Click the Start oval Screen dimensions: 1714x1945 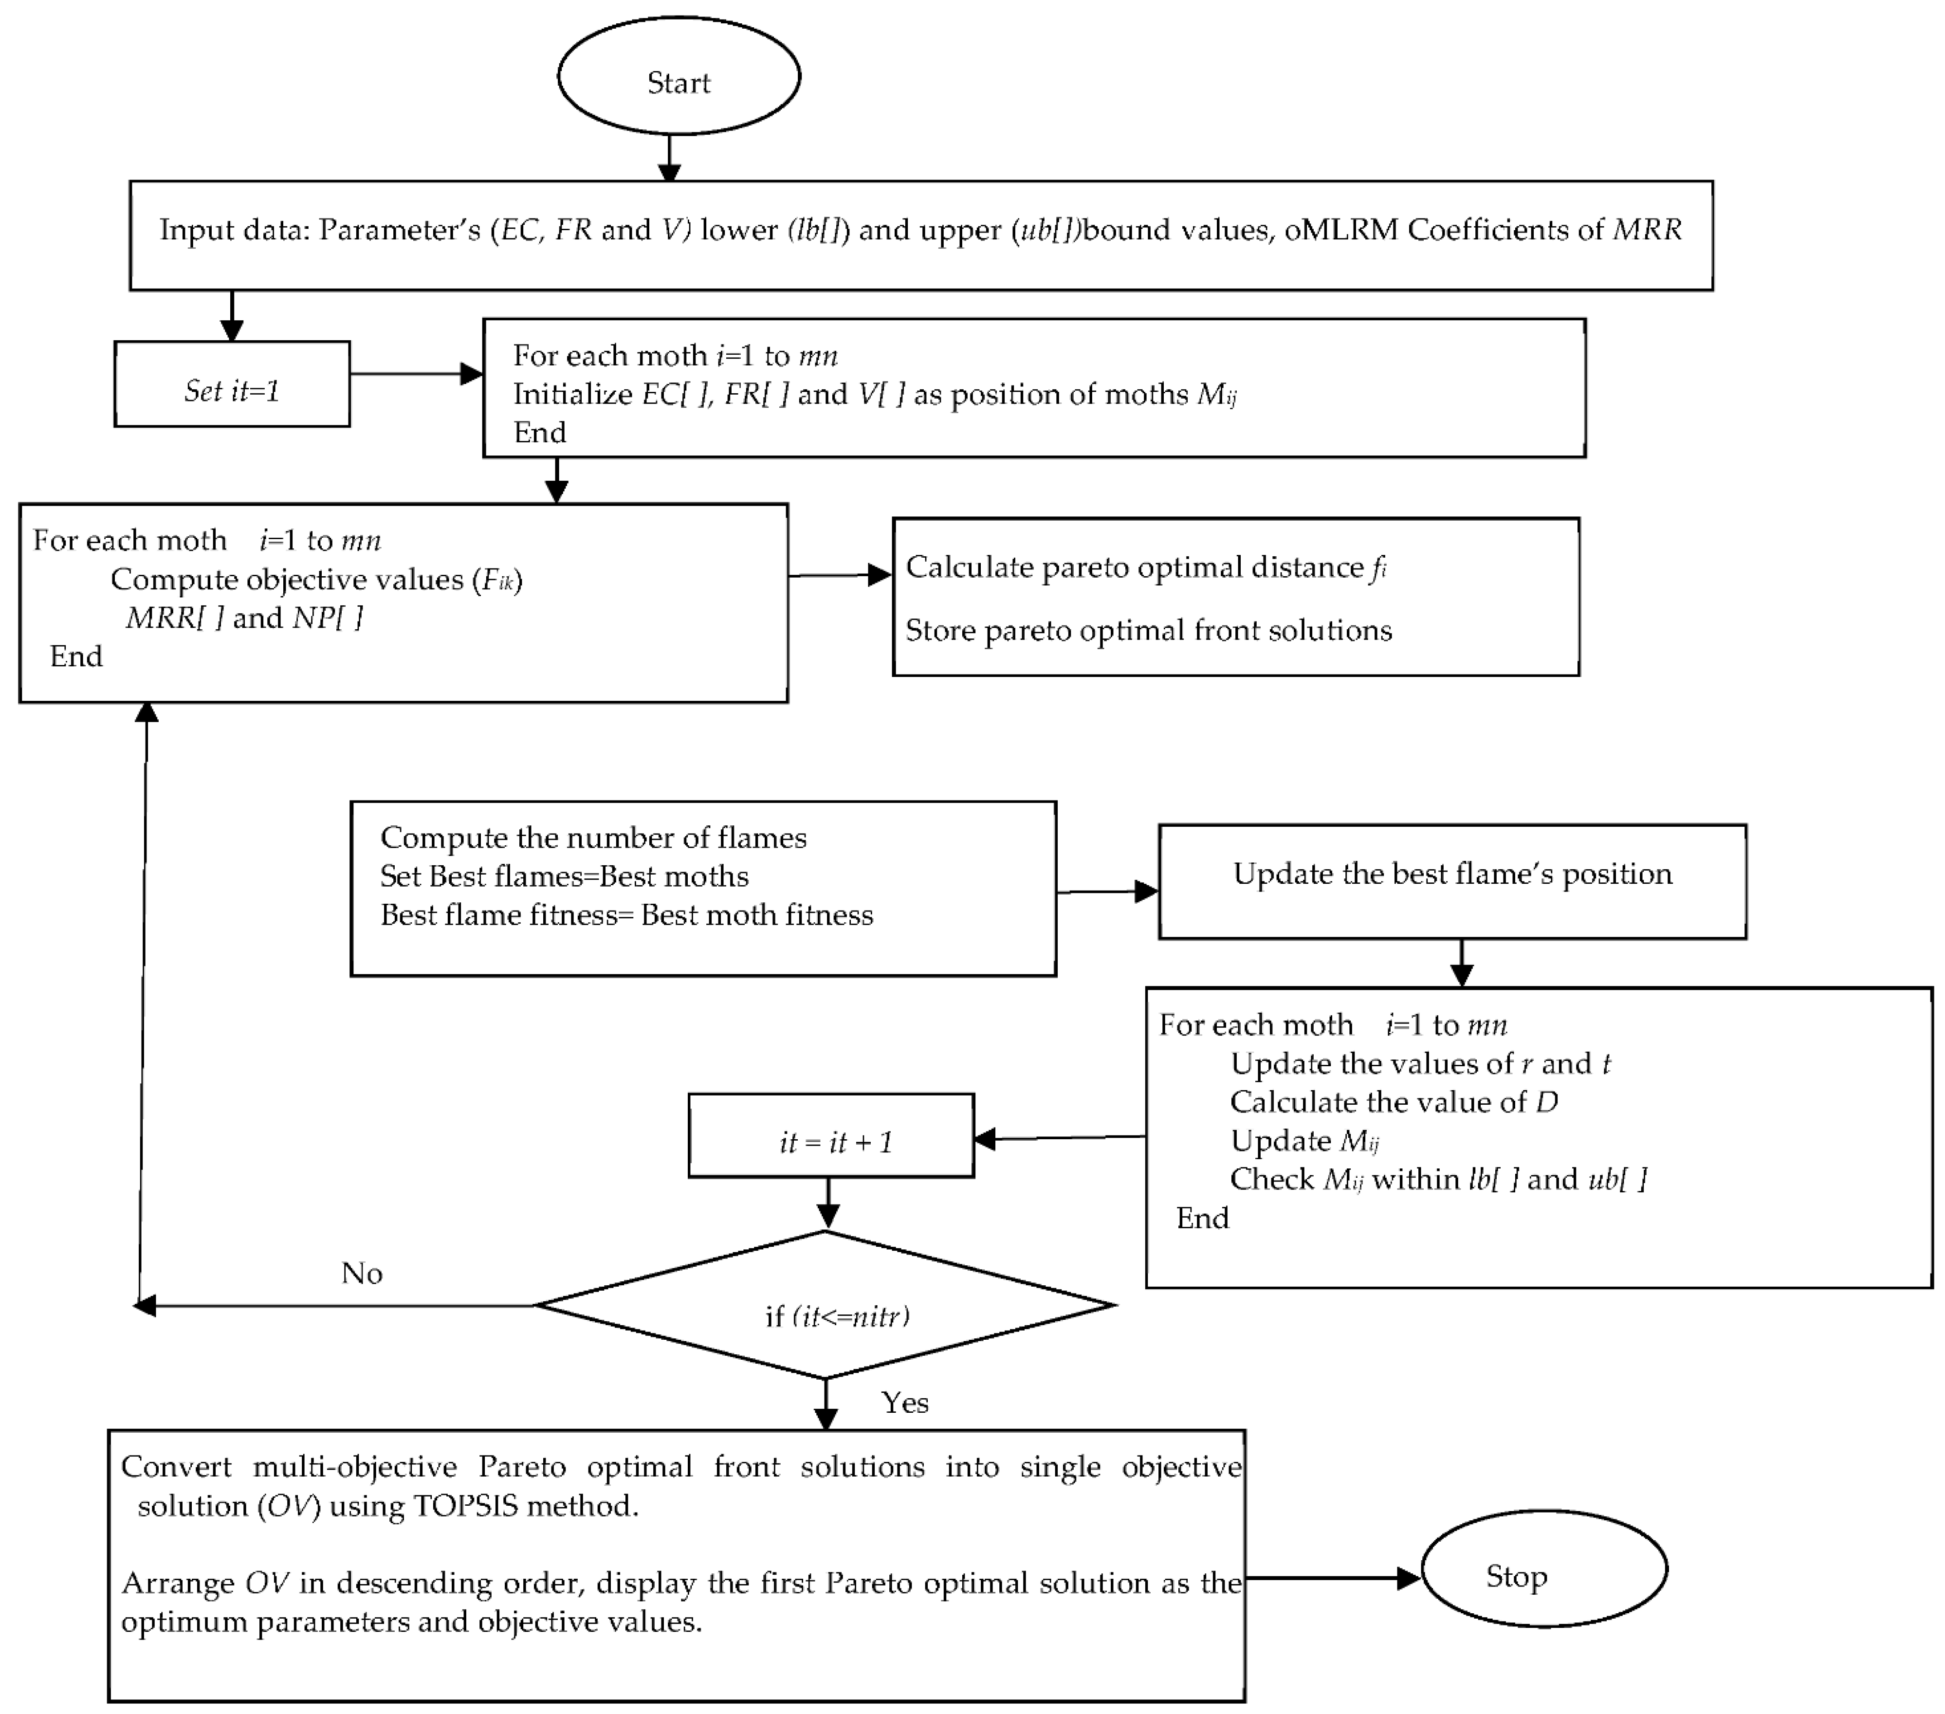(x=679, y=76)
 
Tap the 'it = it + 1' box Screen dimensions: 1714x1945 (x=831, y=1136)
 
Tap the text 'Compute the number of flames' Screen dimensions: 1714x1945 (x=593, y=838)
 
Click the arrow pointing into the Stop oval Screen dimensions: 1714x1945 (x=1332, y=1579)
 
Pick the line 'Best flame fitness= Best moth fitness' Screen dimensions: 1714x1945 (x=626, y=915)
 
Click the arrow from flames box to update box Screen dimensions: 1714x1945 (x=1107, y=892)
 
